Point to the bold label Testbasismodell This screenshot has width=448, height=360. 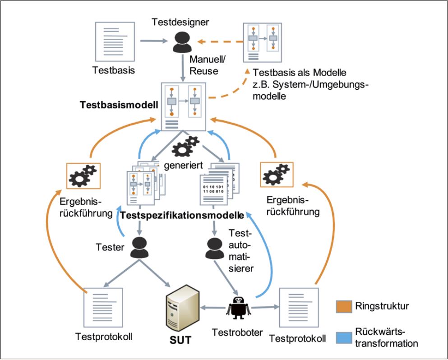point(118,105)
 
